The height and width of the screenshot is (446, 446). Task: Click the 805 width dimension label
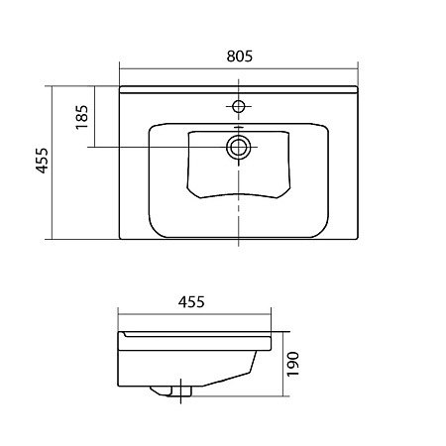238,56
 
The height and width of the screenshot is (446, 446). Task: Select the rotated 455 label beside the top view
42,162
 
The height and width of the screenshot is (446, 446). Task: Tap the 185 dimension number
82,119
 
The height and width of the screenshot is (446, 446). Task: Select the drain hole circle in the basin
238,148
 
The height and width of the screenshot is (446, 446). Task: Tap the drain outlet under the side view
178,391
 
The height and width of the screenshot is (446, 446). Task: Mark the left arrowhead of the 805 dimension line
122,69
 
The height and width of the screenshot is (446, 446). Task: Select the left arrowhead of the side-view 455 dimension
121,316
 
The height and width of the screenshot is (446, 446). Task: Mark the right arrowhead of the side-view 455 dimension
270,316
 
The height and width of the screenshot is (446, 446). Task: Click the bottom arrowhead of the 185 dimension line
93,146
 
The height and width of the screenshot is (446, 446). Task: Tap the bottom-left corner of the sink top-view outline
119,239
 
